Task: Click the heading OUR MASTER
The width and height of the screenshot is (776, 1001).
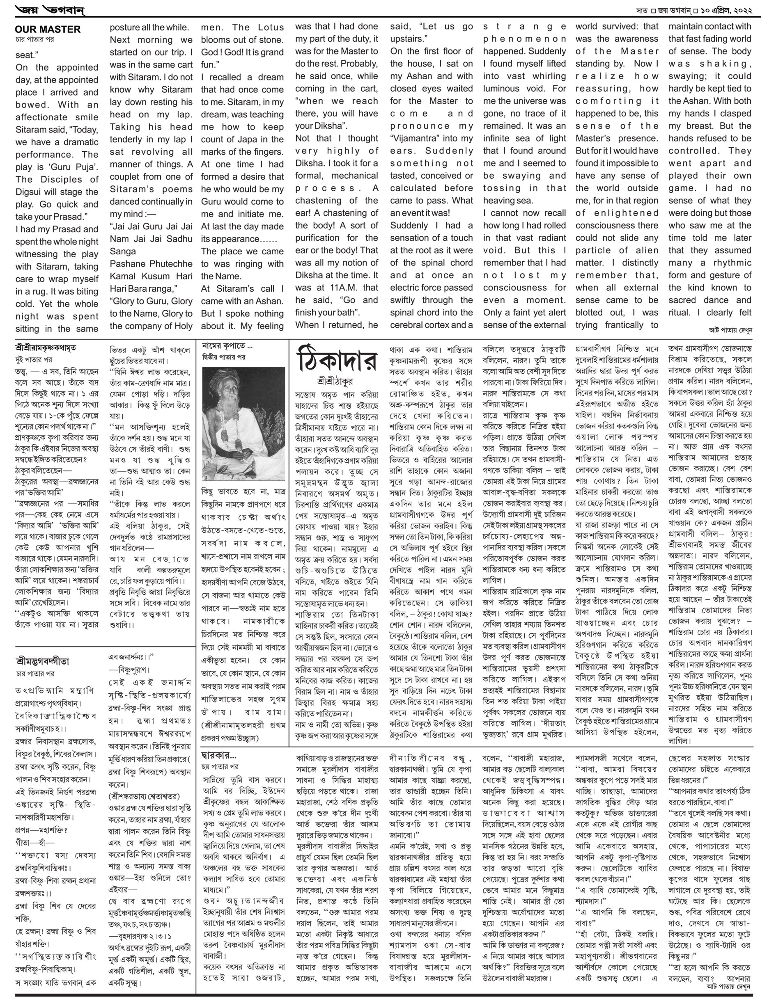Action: (48, 30)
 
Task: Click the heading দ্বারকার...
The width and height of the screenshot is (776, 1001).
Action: (218, 755)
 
